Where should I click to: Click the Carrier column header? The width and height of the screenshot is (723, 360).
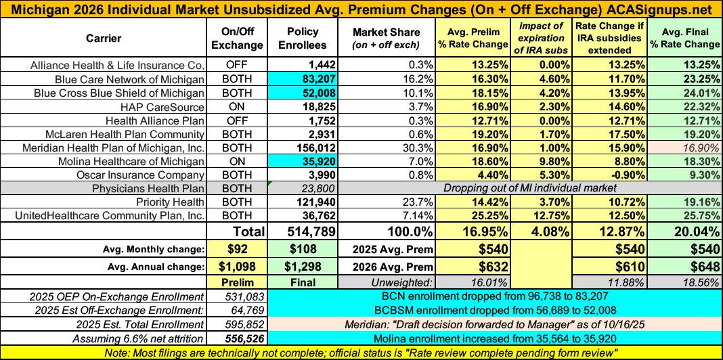[104, 39]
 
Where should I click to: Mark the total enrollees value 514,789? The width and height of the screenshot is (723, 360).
[301, 231]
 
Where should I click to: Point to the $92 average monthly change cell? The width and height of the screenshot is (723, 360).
[236, 248]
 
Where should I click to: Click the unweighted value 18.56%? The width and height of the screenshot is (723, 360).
[698, 282]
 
